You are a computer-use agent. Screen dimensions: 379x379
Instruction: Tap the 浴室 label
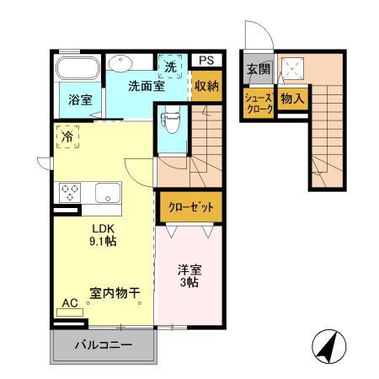(80, 99)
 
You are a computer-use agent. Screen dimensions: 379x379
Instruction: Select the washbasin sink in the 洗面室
(120, 62)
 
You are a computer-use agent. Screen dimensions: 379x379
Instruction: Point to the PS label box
(206, 60)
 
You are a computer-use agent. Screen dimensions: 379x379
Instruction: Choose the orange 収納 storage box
(206, 86)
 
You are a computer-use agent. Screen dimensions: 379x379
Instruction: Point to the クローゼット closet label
(189, 206)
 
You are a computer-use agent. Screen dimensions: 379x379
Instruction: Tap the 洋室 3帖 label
(189, 277)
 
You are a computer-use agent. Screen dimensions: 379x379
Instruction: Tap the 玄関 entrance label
(257, 69)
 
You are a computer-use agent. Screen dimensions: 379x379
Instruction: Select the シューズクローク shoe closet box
(257, 104)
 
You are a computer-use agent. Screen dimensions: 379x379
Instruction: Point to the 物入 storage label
(291, 99)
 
